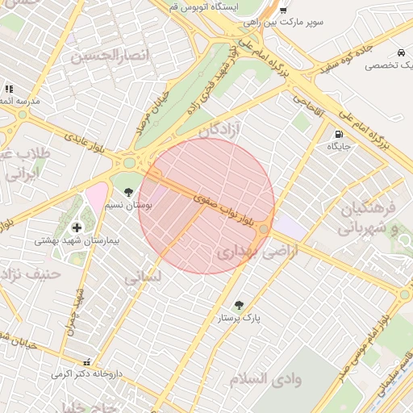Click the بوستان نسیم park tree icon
coord(129,191)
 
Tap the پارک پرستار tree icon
coord(238,305)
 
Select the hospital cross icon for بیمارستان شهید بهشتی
coord(77,227)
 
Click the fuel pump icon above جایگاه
coord(337,134)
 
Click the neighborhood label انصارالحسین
coord(111,56)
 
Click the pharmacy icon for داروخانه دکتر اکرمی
coord(86,362)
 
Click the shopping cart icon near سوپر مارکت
coord(282,10)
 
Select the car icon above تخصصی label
coord(401,53)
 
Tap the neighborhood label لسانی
coord(143,277)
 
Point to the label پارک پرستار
coord(239,319)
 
